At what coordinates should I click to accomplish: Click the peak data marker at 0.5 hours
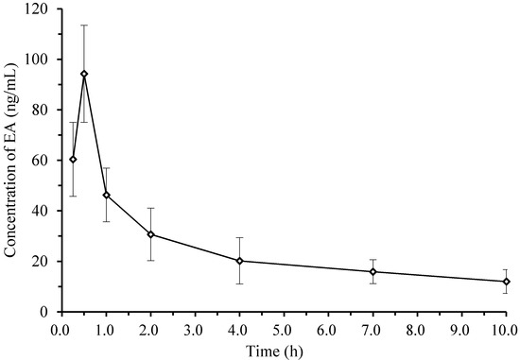tap(84, 74)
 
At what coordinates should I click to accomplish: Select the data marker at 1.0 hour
tap(106, 195)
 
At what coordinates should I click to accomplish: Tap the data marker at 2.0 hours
tap(150, 234)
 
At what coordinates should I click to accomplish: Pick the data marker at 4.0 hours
tap(239, 261)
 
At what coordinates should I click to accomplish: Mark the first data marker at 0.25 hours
tap(73, 159)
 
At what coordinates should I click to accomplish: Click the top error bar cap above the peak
tap(84, 25)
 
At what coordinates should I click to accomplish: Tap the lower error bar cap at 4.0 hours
tap(239, 283)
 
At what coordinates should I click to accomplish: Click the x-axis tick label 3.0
tap(195, 329)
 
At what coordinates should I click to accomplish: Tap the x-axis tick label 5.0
tap(284, 329)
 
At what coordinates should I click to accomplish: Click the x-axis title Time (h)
tap(284, 349)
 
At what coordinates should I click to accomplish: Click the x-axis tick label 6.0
tap(328, 329)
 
